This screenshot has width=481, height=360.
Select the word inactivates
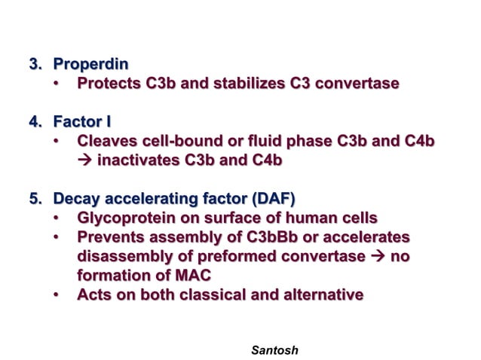tap(140, 160)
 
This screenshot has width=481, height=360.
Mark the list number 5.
tap(35, 199)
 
